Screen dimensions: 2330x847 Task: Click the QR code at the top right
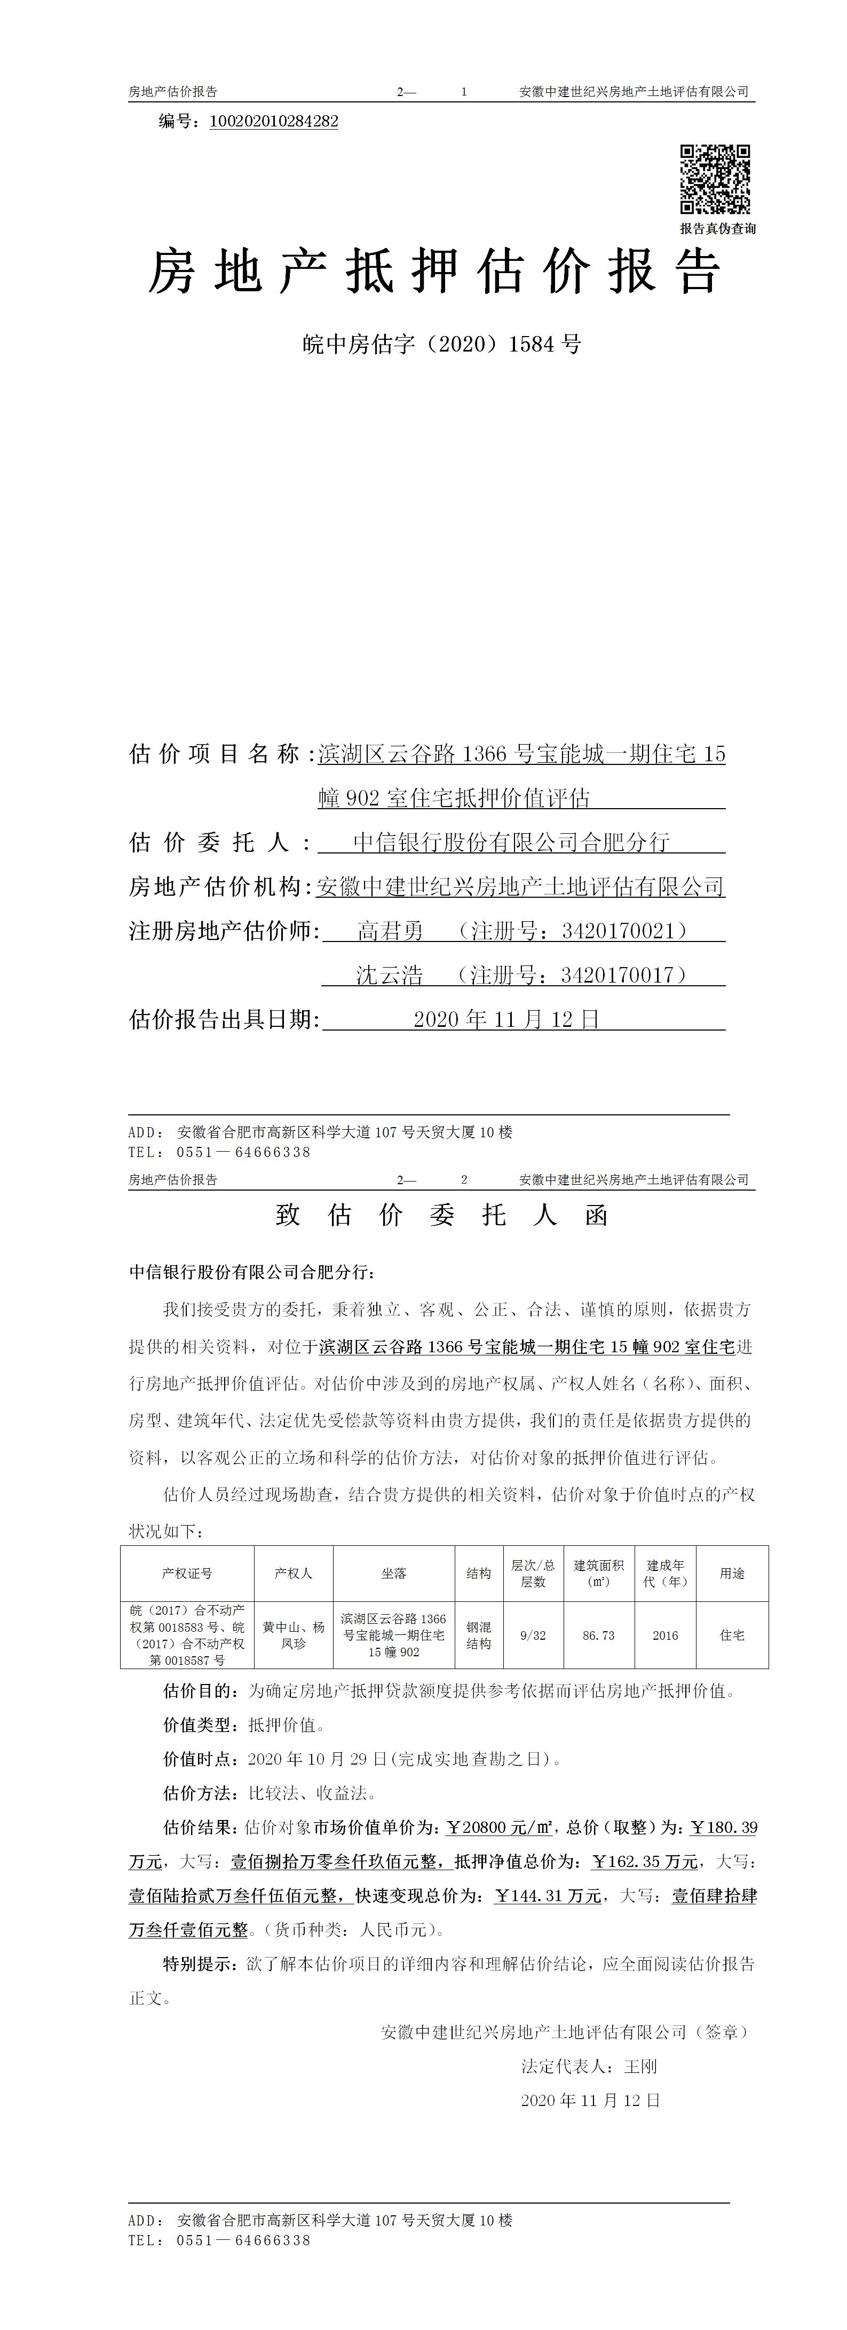pos(715,179)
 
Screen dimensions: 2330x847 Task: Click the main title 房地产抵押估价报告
pos(434,272)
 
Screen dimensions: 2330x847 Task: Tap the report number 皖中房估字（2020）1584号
pos(441,344)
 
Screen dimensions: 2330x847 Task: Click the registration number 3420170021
pos(616,930)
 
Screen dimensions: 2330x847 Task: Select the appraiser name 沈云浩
pos(389,974)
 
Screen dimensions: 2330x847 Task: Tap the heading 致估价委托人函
pos(441,1215)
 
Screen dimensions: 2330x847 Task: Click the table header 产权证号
pos(187,1573)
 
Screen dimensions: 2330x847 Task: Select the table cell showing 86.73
pos(599,1635)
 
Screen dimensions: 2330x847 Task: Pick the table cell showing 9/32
pos(533,1635)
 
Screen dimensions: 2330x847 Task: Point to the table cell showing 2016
pos(665,1635)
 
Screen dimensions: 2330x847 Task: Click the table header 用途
pos(732,1573)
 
